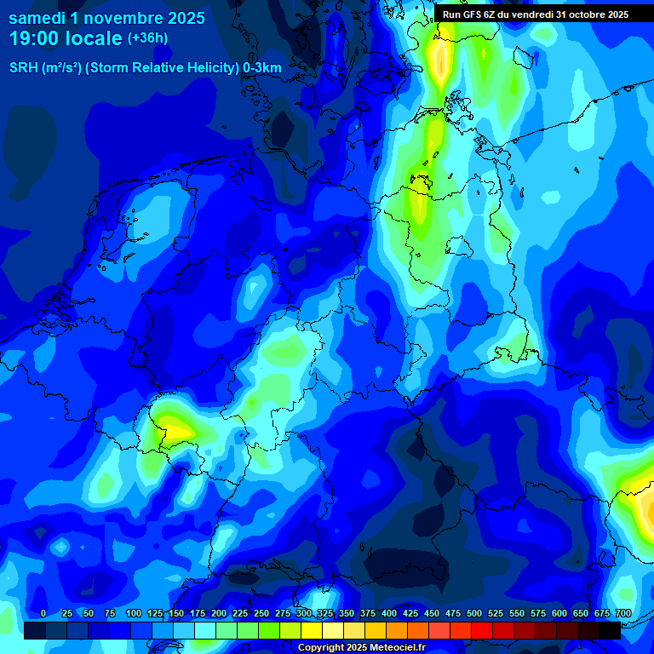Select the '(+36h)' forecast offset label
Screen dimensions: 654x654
pos(147,38)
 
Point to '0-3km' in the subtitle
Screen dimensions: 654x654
pos(262,68)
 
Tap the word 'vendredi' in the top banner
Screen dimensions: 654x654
pos(531,14)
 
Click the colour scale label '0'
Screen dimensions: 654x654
pos(43,614)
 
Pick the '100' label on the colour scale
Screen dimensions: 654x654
pos(134,614)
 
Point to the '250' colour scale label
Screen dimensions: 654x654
pos(261,614)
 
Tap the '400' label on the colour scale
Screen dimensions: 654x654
pos(389,614)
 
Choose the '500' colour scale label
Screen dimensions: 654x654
pos(474,614)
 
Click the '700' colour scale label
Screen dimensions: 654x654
pos(622,614)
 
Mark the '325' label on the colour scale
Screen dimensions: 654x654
pos(325,614)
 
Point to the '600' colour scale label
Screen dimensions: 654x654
pos(559,614)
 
